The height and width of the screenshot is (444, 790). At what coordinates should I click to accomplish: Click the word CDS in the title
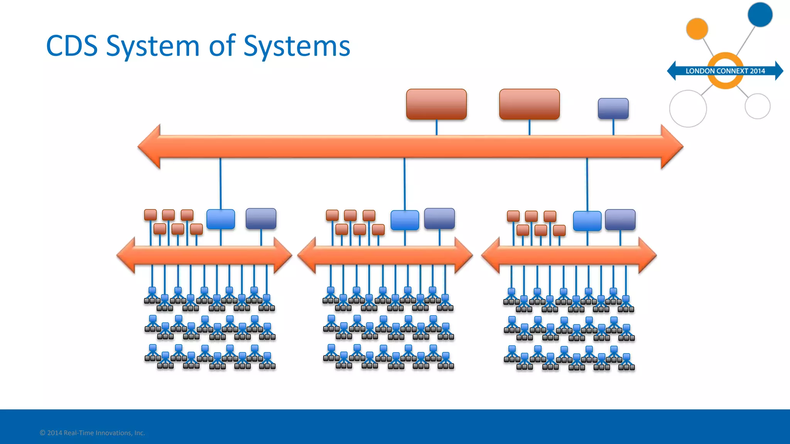coord(72,46)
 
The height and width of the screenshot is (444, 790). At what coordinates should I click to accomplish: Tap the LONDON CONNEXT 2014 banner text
coord(725,71)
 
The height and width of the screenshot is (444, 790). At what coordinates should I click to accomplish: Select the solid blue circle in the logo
coord(760,15)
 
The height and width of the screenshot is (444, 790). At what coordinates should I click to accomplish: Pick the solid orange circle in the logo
coord(697,29)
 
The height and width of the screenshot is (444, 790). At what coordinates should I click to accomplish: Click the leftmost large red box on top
coord(436,104)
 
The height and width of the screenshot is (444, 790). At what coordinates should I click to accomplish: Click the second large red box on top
coord(529,104)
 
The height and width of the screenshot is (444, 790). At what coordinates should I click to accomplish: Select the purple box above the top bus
coord(613,108)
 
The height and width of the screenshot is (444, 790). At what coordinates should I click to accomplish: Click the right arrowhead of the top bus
coord(672,146)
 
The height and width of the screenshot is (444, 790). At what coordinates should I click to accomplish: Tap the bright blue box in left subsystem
coord(221,219)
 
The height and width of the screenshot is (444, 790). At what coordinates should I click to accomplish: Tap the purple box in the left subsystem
coord(261,219)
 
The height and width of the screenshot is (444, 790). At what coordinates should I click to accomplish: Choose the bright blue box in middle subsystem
coord(405,220)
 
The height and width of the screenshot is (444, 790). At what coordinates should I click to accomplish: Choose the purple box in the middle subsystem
coord(439,219)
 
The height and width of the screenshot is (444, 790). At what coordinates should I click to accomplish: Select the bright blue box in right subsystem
coord(587,221)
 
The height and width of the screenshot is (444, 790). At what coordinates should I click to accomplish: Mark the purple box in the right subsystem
coord(620,220)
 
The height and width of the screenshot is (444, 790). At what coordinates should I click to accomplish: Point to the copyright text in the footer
coord(92,433)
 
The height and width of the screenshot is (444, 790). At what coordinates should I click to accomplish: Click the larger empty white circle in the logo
coord(688,109)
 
